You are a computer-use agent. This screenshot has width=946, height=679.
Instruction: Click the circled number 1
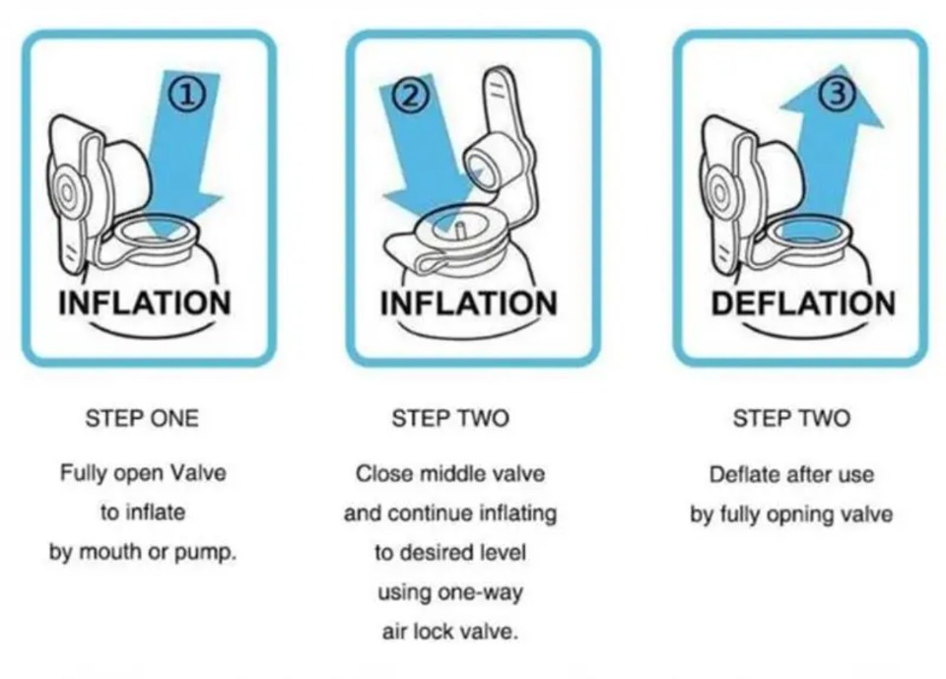pyautogui.click(x=187, y=95)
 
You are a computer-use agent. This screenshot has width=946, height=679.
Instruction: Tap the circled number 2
pyautogui.click(x=411, y=96)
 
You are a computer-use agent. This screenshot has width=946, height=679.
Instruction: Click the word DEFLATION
pyautogui.click(x=803, y=303)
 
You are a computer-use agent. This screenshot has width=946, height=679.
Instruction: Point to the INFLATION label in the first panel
pyautogui.click(x=145, y=303)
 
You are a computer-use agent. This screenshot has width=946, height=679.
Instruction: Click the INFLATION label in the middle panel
pyautogui.click(x=468, y=303)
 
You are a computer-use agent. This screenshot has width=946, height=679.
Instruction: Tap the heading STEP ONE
pyautogui.click(x=142, y=418)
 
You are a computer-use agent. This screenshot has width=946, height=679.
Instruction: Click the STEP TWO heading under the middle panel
pyautogui.click(x=450, y=418)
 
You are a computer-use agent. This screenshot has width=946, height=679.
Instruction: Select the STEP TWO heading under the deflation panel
pyautogui.click(x=791, y=418)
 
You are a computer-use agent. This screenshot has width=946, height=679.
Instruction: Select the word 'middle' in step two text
pyautogui.click(x=452, y=474)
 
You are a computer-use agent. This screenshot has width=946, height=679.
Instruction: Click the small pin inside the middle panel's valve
pyautogui.click(x=458, y=232)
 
